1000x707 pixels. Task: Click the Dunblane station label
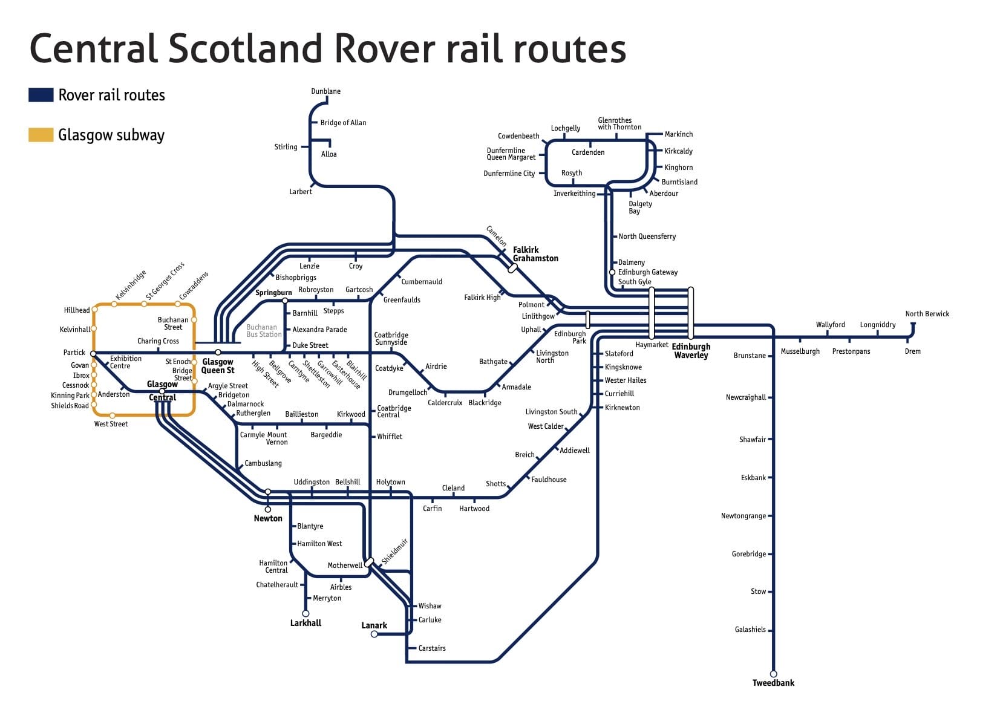point(325,91)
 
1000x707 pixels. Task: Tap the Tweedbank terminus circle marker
point(773,674)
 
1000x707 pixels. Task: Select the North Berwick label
point(927,314)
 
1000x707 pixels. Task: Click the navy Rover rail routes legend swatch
point(41,95)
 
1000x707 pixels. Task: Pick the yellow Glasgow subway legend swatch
point(41,135)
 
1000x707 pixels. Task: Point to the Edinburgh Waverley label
point(691,351)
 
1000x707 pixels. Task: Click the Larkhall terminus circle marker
point(306,613)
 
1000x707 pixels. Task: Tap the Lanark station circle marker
point(374,634)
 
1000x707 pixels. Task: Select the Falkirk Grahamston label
point(535,254)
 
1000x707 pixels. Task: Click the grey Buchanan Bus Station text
point(264,331)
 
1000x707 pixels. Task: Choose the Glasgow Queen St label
point(218,366)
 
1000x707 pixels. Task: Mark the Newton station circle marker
point(268,509)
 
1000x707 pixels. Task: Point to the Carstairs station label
point(432,648)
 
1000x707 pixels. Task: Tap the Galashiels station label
point(750,630)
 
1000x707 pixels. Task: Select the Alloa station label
point(329,154)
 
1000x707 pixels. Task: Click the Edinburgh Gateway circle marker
point(612,272)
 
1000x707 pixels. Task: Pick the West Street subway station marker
point(113,415)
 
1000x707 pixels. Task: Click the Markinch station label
point(679,134)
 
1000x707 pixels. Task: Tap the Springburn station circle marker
point(285,301)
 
